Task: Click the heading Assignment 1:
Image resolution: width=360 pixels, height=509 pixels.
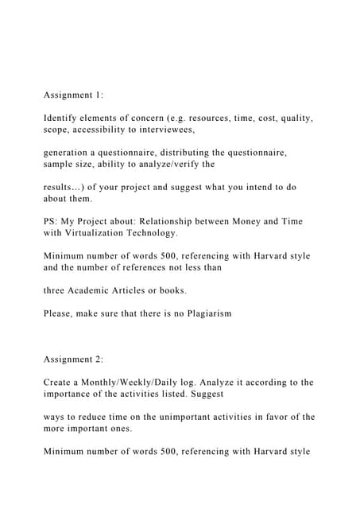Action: tap(73, 95)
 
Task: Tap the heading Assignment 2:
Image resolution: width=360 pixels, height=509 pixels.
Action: tap(73, 359)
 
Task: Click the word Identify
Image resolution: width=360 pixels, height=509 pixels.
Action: tap(64, 119)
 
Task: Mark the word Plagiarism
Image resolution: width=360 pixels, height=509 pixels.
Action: tap(204, 313)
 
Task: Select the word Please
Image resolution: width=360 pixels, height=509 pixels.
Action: tap(62, 313)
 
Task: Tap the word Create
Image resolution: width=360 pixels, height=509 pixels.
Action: tap(61, 383)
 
